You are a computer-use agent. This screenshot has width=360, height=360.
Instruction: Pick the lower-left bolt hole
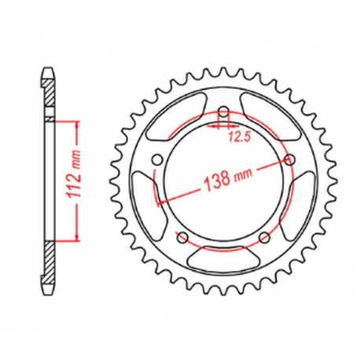(182, 237)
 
